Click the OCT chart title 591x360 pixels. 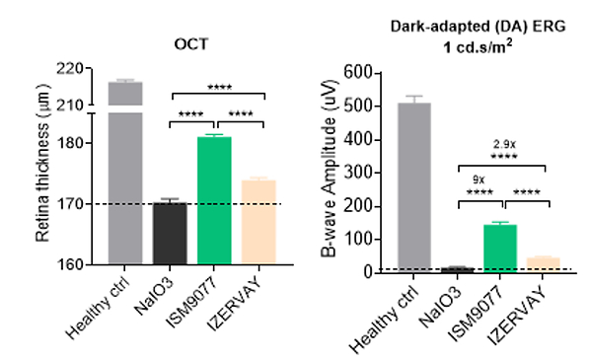191,44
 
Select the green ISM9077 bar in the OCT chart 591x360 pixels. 214,200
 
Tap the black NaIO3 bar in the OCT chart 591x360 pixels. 170,234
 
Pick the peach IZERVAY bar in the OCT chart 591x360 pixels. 259,222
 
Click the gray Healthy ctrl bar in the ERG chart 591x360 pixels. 413,187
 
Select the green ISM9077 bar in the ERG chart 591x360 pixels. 500,249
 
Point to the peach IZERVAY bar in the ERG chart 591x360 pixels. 543,265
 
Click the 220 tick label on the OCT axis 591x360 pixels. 69,69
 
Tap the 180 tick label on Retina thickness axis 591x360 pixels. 69,143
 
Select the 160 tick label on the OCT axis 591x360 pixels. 69,264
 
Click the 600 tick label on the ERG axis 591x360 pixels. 358,72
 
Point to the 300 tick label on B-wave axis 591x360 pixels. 358,173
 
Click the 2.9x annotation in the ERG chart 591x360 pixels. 504,144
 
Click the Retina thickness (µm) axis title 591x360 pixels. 42,163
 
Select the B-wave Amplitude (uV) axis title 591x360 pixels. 329,169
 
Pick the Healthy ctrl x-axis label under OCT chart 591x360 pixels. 97,307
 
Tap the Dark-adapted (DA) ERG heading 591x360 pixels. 478,27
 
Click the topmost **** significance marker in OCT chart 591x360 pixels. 219,88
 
